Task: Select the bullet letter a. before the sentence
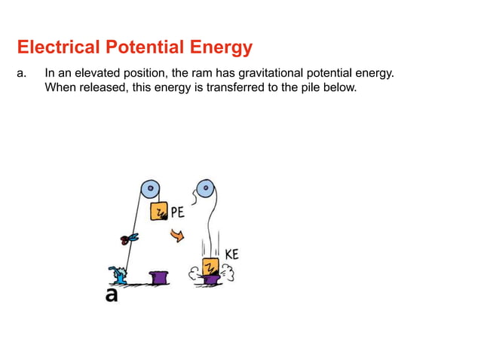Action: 22,73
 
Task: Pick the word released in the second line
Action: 100,87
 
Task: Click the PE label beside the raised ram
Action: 178,212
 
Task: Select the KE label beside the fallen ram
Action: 231,255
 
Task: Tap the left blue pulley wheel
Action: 149,188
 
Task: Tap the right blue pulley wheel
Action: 203,188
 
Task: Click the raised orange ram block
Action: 159,212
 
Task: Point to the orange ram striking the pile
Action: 210,267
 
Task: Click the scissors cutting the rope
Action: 127,239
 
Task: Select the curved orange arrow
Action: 177,236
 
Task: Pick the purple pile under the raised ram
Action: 159,278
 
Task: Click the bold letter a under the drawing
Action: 112,295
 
